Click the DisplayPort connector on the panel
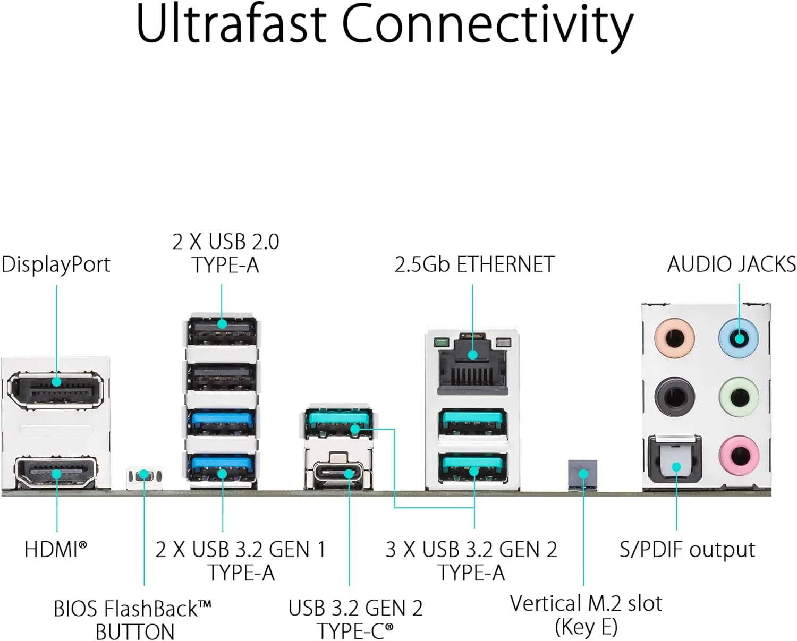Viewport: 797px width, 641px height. tap(56, 391)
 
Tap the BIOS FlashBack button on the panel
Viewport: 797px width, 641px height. tap(143, 475)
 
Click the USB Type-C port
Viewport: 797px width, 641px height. tap(338, 472)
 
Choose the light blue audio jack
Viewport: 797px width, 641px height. tap(739, 337)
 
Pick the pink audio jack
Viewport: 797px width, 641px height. tap(739, 455)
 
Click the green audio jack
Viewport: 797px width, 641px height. tap(739, 397)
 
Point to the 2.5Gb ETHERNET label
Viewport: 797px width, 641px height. tap(474, 264)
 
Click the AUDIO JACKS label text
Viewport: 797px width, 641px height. tap(731, 264)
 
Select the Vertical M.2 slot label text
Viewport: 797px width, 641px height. tap(586, 604)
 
